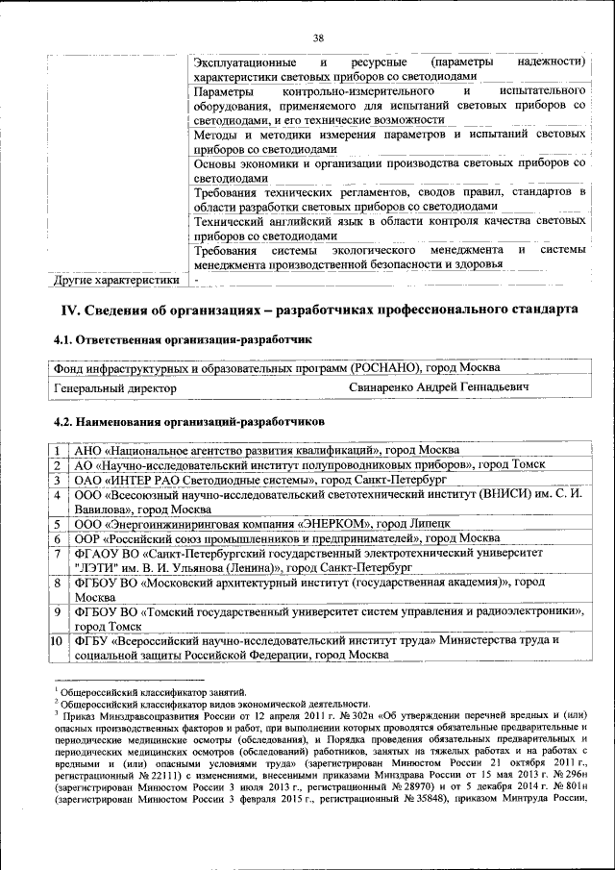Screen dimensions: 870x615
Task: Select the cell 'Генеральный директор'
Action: click(x=115, y=387)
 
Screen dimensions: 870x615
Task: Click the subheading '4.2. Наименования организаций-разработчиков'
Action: click(x=188, y=421)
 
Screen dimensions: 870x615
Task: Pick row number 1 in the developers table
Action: click(x=58, y=450)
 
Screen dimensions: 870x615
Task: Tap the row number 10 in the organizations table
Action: click(x=57, y=639)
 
